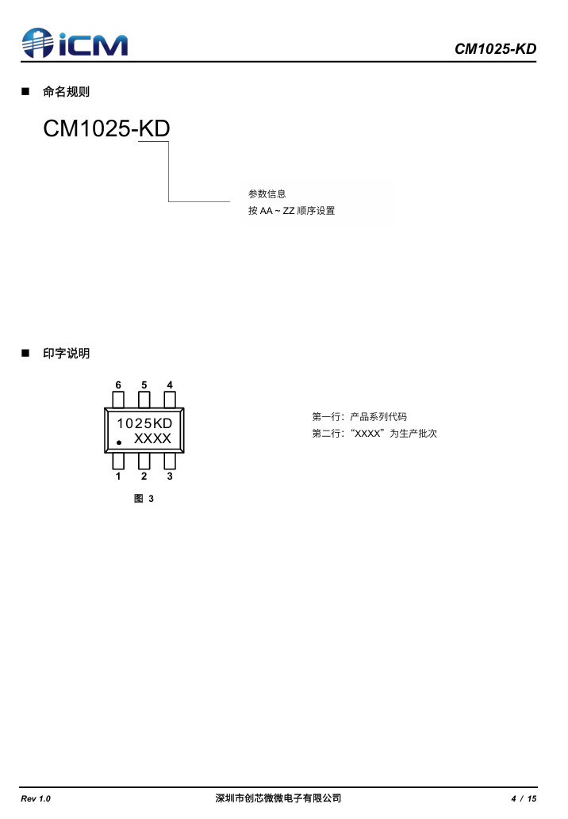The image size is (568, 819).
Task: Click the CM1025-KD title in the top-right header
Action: tap(495, 49)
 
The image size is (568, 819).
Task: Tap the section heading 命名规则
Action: tap(66, 92)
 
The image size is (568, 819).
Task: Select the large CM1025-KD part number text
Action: tap(106, 128)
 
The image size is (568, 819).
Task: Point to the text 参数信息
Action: tap(267, 193)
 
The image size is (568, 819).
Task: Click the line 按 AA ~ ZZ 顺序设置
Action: tap(291, 211)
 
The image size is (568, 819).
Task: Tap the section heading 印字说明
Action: tap(66, 354)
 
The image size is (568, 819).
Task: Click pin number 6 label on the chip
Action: tap(118, 385)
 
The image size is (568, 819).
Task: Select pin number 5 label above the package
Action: tap(144, 385)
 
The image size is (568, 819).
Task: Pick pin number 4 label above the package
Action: tap(170, 385)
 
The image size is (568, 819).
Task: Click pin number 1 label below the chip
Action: tap(118, 476)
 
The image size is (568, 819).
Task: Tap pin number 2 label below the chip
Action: tap(144, 476)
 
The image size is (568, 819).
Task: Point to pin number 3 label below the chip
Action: tap(170, 476)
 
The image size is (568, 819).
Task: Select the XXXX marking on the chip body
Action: tap(152, 438)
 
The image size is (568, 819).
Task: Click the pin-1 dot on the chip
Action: tap(119, 442)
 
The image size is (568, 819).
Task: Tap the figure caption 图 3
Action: tap(144, 499)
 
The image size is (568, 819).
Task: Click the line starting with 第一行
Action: tap(359, 416)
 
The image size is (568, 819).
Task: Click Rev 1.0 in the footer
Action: tap(36, 798)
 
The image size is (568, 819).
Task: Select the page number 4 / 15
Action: tap(524, 798)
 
